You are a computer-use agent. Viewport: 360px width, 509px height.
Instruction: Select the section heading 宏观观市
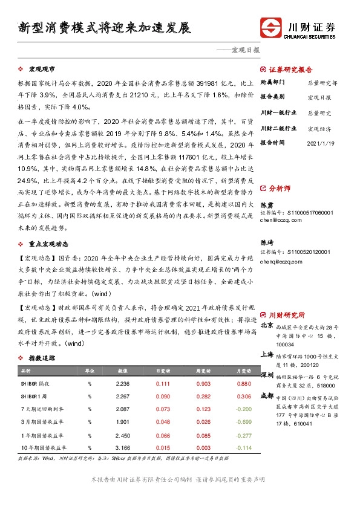point(41,70)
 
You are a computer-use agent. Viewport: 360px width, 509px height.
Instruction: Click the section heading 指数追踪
point(42,358)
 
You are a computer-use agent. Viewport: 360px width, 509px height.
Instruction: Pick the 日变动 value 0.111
point(163,383)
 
